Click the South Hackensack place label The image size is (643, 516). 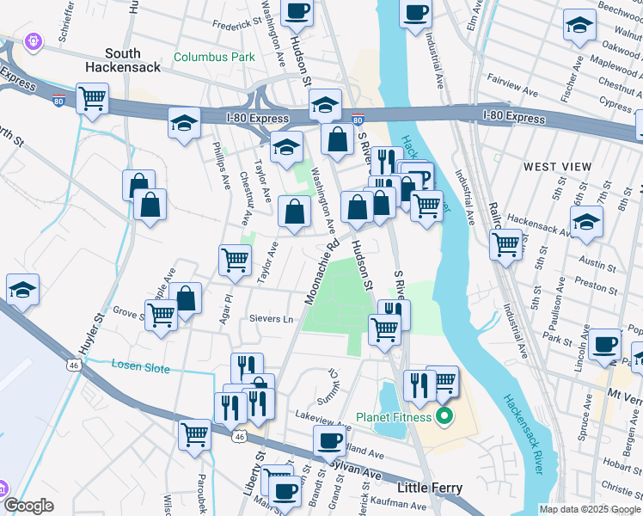pos(123,59)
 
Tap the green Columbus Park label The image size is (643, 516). pos(214,58)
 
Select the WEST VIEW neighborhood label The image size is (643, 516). pos(557,166)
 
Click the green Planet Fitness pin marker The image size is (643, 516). pos(444,419)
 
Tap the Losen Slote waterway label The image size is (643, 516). pos(141,365)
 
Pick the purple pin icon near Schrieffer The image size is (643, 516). pos(34,40)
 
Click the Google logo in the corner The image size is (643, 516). pos(28,505)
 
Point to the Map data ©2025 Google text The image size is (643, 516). pos(590,509)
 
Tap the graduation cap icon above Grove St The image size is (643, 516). pos(22,291)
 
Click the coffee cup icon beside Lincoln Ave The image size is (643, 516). pos(606,344)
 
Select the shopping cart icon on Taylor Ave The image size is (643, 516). pos(235,259)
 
